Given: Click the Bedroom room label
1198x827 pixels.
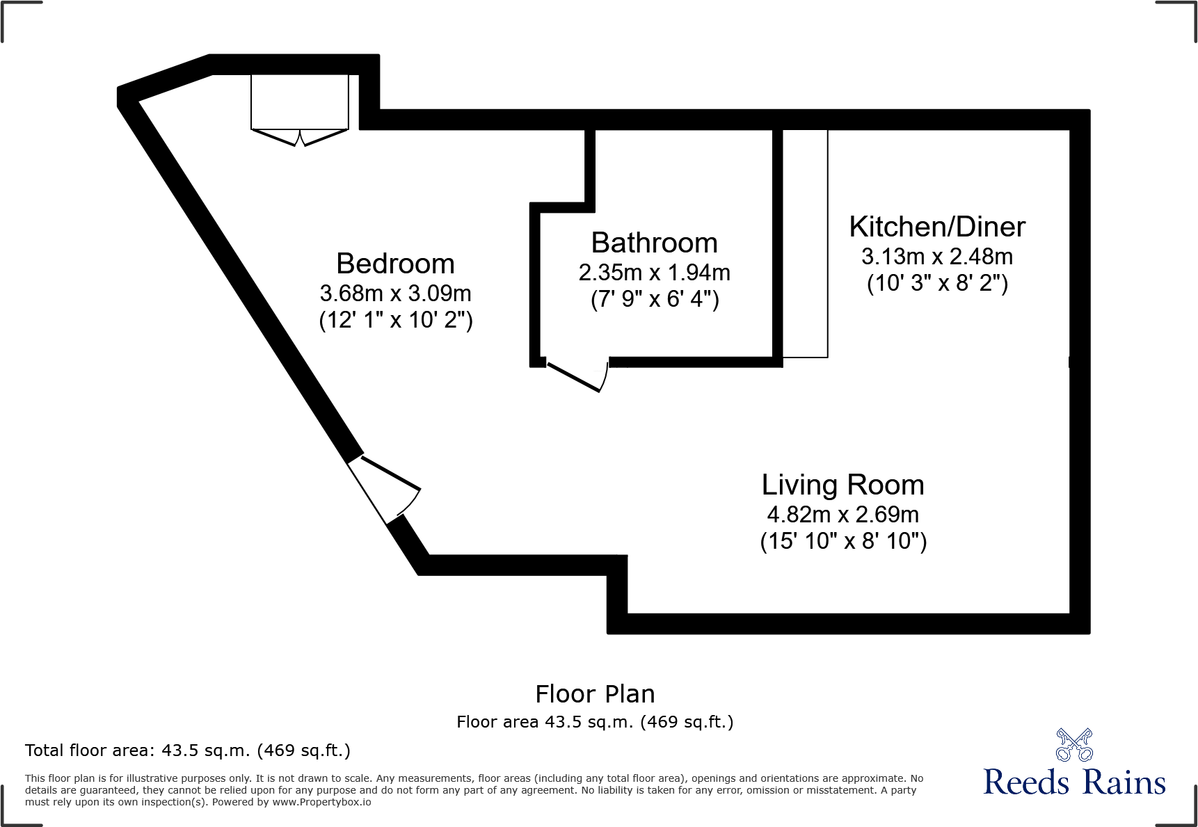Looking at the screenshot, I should (x=395, y=264).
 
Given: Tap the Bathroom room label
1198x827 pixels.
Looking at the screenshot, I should (x=654, y=243).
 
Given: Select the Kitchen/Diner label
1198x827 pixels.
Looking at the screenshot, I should (x=937, y=227).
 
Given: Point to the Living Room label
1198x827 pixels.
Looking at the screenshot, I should (x=842, y=485).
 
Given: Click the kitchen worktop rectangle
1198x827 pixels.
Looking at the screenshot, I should (x=806, y=243).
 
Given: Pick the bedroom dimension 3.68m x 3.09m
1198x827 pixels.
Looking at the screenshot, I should (x=395, y=294).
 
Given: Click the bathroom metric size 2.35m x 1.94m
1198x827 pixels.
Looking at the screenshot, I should (x=654, y=273).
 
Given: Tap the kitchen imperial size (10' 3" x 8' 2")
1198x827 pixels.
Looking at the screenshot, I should (x=937, y=284).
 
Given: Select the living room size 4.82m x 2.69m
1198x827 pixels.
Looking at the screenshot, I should (x=842, y=515).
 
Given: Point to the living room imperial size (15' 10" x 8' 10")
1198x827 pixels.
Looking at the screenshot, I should (x=842, y=541).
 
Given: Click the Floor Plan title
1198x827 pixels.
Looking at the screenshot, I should (x=595, y=694).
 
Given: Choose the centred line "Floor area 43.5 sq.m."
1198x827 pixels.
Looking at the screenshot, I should (x=595, y=722).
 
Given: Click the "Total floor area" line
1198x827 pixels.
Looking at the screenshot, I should (x=188, y=750).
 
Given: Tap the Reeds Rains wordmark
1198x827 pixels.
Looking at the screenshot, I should (x=1074, y=783).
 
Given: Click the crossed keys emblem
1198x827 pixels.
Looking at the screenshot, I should (x=1074, y=745).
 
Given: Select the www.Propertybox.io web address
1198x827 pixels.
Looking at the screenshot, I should (x=321, y=803).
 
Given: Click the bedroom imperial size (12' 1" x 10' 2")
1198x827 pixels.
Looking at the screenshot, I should (x=395, y=321).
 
